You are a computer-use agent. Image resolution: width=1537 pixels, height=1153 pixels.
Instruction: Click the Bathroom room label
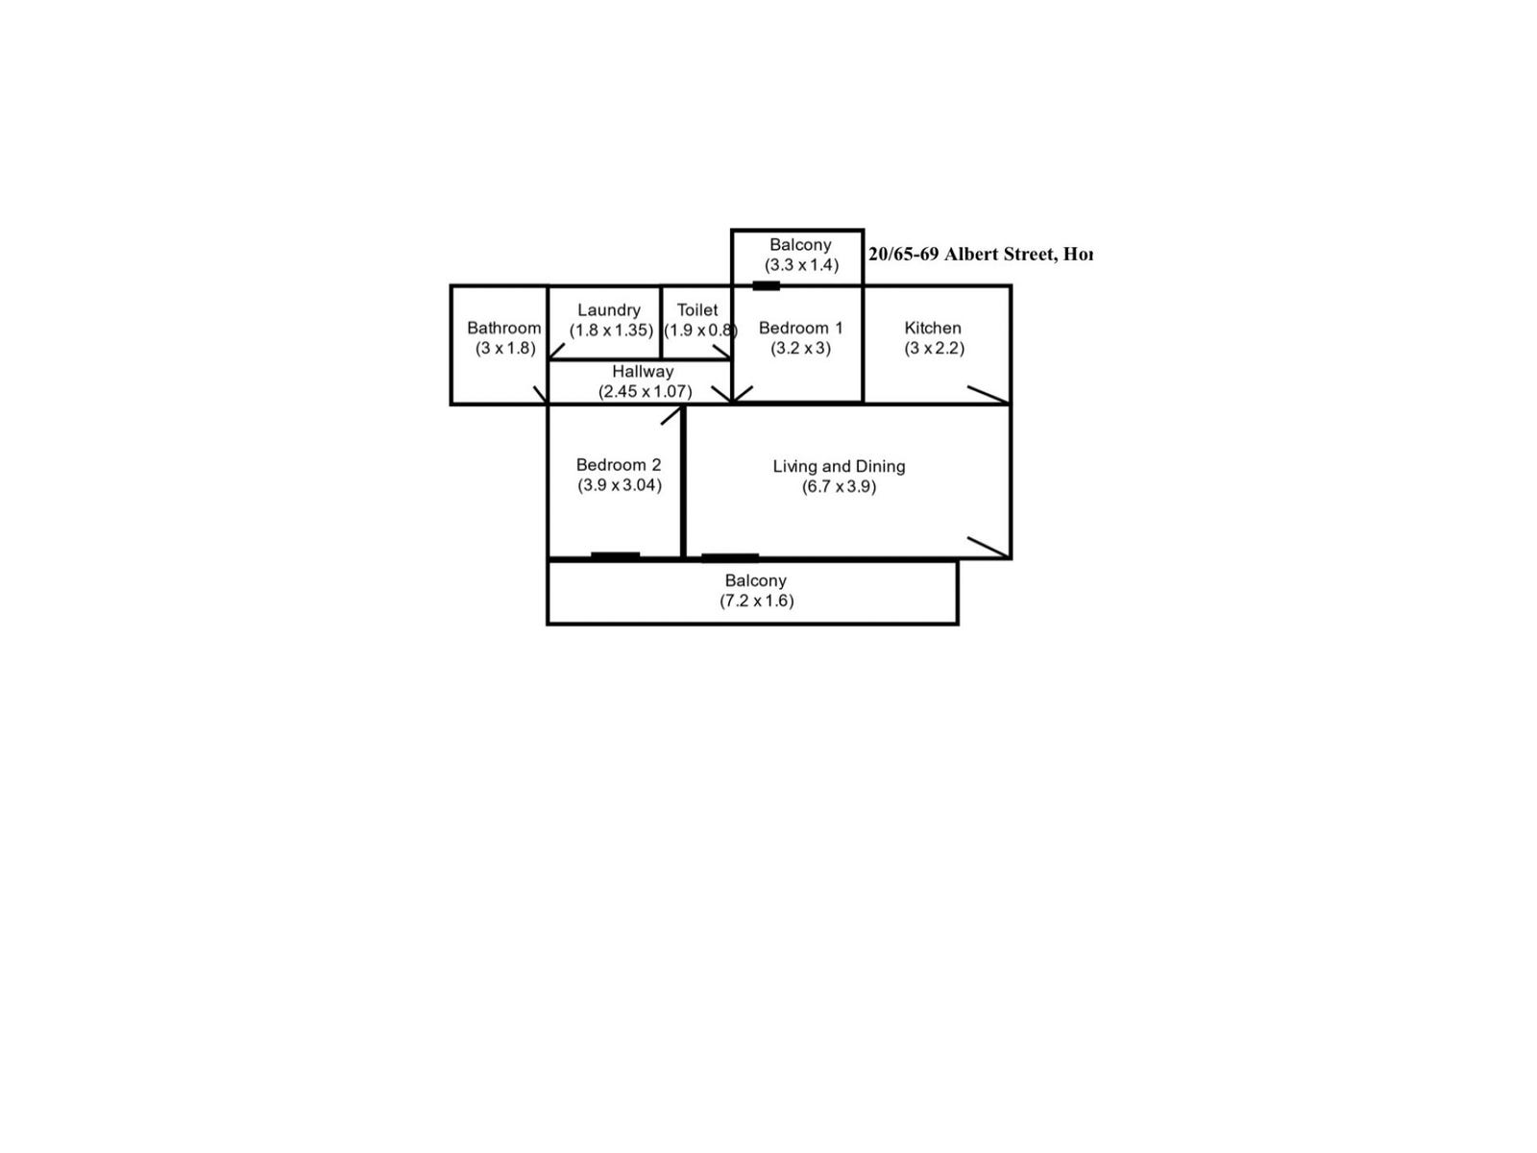pyautogui.click(x=503, y=328)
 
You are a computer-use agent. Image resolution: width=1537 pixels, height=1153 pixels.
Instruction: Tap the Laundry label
pyautogui.click(x=608, y=309)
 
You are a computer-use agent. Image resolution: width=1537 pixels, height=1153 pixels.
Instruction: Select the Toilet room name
pyautogui.click(x=696, y=309)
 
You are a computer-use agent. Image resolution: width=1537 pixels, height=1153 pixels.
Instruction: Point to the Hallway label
pyautogui.click(x=643, y=371)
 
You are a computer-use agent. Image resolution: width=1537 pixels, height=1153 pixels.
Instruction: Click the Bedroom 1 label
pyautogui.click(x=800, y=328)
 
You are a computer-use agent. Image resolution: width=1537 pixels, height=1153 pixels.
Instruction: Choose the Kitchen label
pyautogui.click(x=932, y=328)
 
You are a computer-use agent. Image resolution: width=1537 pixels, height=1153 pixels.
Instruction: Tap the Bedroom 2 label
pyautogui.click(x=618, y=465)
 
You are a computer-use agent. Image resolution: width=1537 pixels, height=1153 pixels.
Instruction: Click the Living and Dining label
pyautogui.click(x=839, y=466)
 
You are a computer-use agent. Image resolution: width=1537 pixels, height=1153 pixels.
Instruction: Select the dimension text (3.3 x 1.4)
pyautogui.click(x=801, y=265)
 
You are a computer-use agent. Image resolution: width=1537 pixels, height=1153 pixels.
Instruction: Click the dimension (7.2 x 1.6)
pyautogui.click(x=757, y=601)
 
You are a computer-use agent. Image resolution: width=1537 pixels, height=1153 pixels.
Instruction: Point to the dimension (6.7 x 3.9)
pyautogui.click(x=839, y=487)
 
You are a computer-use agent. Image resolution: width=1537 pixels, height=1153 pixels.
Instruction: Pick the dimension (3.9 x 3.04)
pyautogui.click(x=619, y=485)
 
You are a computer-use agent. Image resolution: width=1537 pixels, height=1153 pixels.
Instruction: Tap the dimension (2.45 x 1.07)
pyautogui.click(x=645, y=392)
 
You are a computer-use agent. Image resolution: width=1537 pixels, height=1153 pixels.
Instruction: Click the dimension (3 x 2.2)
pyautogui.click(x=934, y=348)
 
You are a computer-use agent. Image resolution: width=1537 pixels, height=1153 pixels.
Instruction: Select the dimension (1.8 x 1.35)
pyautogui.click(x=611, y=331)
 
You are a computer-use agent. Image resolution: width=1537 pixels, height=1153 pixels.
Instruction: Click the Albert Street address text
pyautogui.click(x=980, y=255)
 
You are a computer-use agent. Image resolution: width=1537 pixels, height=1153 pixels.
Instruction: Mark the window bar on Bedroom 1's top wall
pyautogui.click(x=766, y=285)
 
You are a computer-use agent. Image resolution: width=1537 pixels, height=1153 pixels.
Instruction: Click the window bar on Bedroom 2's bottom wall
pyautogui.click(x=615, y=555)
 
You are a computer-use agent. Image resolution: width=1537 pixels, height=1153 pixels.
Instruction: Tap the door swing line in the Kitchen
pyautogui.click(x=988, y=394)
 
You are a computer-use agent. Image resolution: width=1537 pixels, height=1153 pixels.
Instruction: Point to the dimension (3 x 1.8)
pyautogui.click(x=505, y=348)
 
